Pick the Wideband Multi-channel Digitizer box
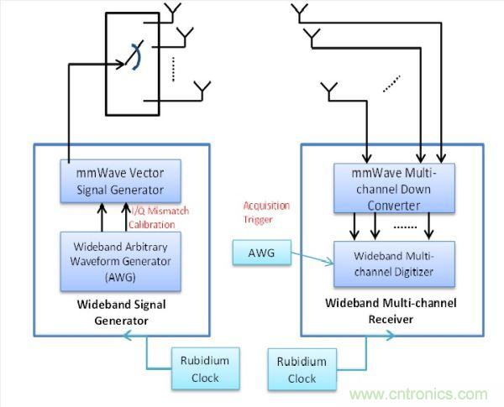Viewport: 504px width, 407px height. pyautogui.click(x=395, y=262)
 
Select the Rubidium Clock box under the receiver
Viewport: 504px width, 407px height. pyautogui.click(x=302, y=369)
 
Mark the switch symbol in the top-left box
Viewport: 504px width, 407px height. pyautogui.click(x=132, y=60)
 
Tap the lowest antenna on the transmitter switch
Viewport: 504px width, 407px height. pyautogui.click(x=202, y=89)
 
